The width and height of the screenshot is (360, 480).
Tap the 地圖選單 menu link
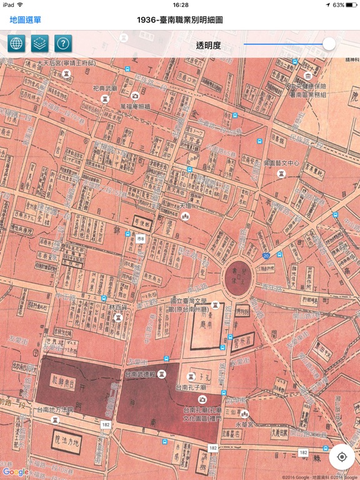click(25, 20)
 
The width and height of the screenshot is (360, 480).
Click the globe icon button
click(16, 44)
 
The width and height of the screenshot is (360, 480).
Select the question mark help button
click(63, 44)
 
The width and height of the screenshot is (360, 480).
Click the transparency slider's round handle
click(329, 44)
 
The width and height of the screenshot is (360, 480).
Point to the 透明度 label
click(209, 44)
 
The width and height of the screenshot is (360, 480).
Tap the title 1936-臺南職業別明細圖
click(180, 20)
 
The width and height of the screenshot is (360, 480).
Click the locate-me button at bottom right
click(342, 456)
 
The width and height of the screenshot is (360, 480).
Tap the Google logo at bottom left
click(15, 472)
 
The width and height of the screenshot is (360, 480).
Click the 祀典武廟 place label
click(104, 89)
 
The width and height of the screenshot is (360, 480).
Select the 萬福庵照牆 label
click(136, 106)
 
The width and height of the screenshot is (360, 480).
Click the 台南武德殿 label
click(142, 374)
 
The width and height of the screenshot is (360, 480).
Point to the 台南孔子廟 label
click(191, 387)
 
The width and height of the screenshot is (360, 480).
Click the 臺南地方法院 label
click(55, 411)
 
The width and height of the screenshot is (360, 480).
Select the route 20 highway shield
click(266, 256)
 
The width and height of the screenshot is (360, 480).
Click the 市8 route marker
click(141, 238)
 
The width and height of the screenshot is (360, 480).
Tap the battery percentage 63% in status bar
click(337, 5)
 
